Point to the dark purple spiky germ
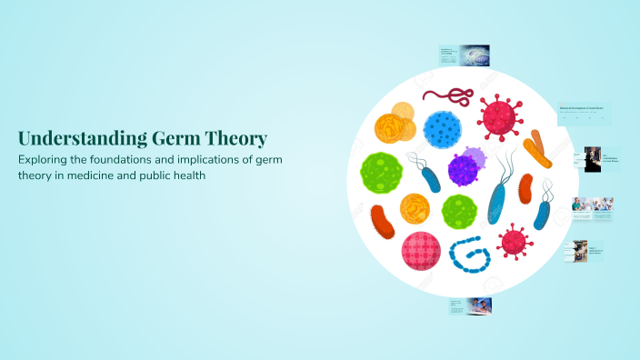[x=464, y=168]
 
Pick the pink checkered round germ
[x=421, y=251]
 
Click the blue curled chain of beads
[x=471, y=254]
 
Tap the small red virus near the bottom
[x=515, y=241]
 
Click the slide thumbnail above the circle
[x=464, y=55]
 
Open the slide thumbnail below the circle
[x=470, y=306]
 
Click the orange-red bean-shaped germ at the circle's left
[x=383, y=222]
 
